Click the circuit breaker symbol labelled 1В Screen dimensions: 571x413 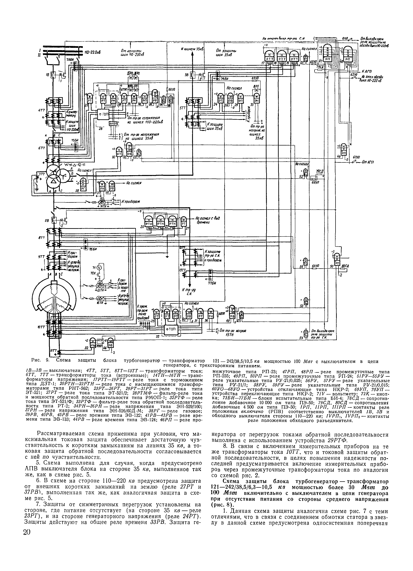click(53, 74)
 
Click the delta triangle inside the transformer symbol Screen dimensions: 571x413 click(53, 181)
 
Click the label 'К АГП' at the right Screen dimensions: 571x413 click(367, 71)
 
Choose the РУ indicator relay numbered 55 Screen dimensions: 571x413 click(306, 332)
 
